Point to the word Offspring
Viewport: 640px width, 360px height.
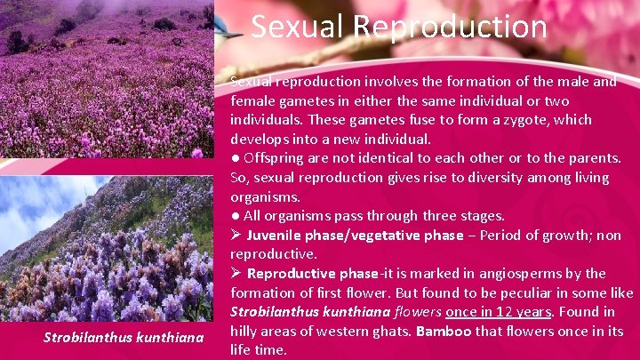(276, 158)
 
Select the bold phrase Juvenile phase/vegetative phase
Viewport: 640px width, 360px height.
(355, 236)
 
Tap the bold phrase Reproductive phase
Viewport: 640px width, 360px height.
(312, 274)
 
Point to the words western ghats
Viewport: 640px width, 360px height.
(356, 331)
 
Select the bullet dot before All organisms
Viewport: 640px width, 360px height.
(236, 216)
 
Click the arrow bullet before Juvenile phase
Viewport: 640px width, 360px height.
(236, 236)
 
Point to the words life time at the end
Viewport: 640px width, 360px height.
(259, 350)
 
